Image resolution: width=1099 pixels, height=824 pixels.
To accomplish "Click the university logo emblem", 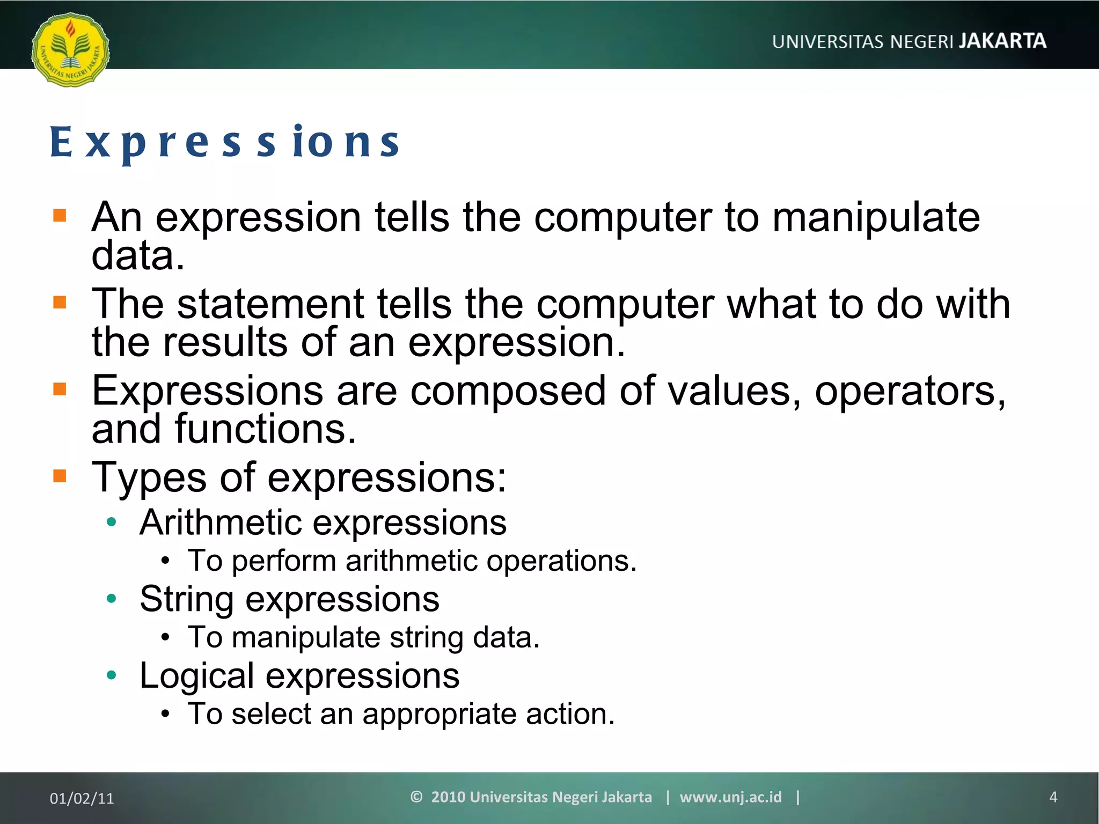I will click(70, 50).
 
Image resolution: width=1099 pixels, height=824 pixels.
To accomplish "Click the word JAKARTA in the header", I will click(1002, 41).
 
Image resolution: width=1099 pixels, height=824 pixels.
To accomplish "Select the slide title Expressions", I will click(225, 143).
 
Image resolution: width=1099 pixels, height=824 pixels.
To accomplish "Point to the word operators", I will click(910, 391).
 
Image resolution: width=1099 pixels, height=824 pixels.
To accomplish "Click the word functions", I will click(265, 429).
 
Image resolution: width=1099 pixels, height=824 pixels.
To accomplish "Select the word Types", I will click(149, 477).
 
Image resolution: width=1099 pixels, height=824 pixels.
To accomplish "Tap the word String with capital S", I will click(186, 599).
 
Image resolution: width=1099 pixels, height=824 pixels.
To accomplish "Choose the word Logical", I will click(196, 676).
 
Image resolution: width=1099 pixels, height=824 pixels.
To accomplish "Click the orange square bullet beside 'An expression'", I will click(60, 216).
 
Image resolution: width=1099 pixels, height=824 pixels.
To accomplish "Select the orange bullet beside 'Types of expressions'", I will click(60, 476).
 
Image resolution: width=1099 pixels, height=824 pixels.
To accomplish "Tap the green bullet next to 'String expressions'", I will click(112, 599).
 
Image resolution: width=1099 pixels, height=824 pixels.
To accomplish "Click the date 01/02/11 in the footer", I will click(82, 798).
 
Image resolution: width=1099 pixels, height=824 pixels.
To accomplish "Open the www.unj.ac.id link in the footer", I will click(730, 797).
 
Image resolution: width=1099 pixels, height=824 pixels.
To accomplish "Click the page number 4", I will click(1053, 797).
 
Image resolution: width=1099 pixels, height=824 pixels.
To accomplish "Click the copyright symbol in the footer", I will click(416, 797).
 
